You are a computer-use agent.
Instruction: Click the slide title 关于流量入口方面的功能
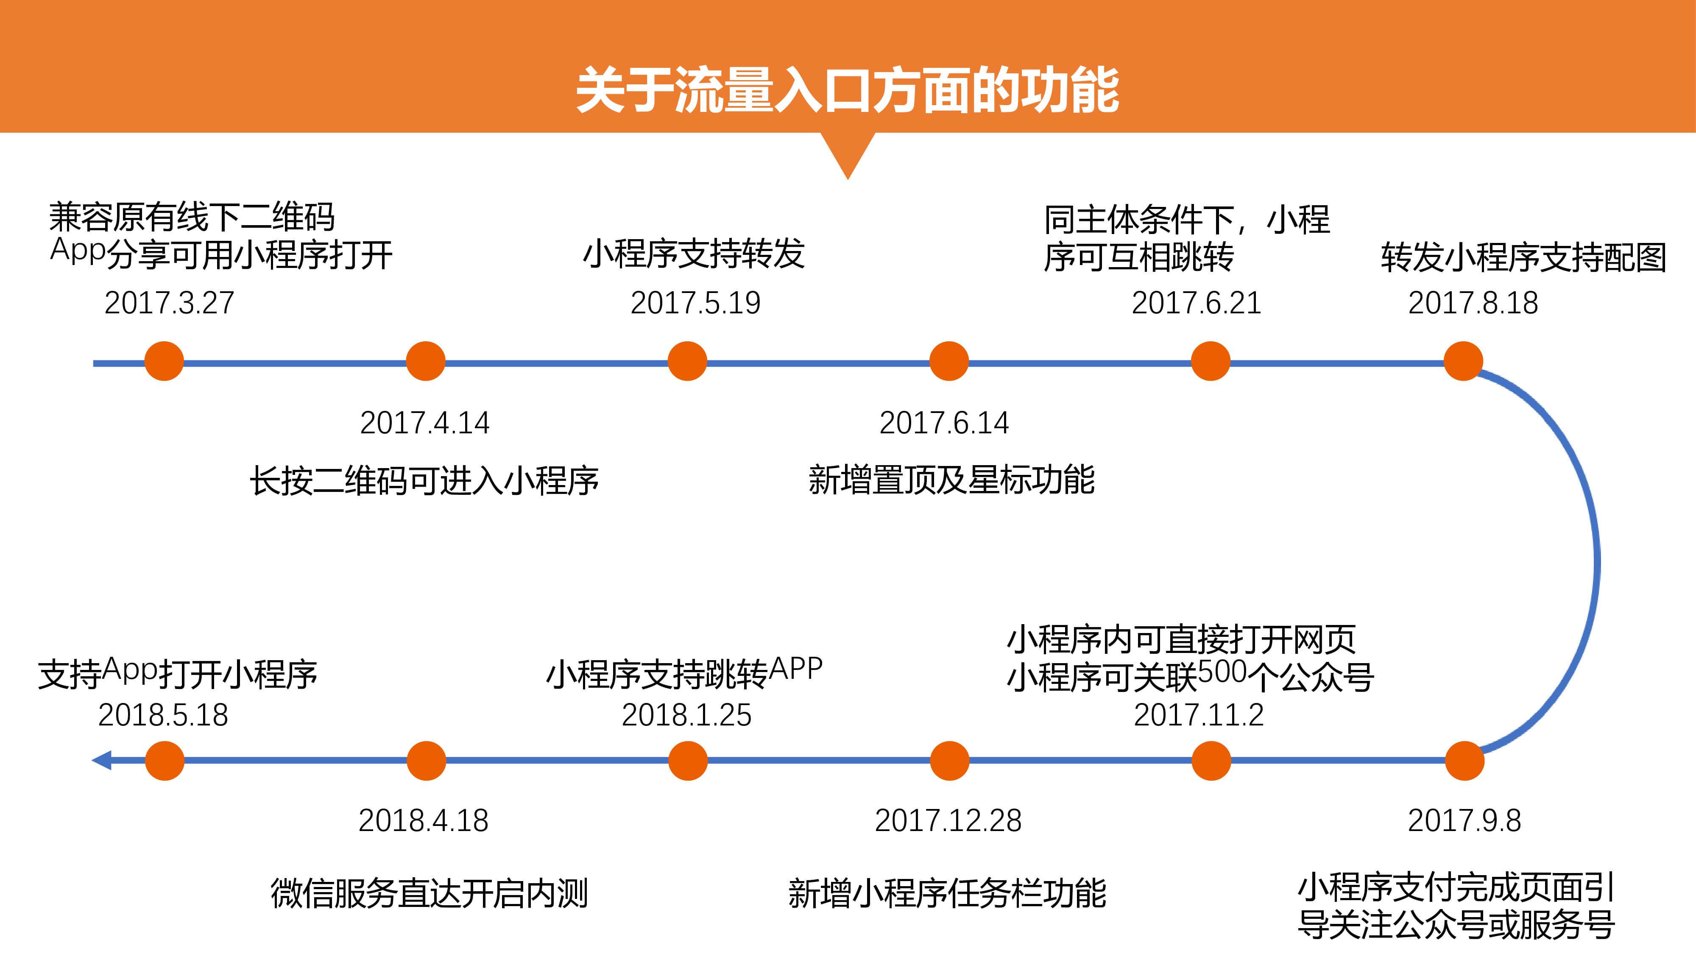[847, 90]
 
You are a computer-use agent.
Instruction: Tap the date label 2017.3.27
[169, 303]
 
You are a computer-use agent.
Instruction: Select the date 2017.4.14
[425, 423]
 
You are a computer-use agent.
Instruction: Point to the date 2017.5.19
[695, 303]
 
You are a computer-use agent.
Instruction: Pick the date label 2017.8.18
[1473, 303]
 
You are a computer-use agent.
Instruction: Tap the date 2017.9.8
[1464, 820]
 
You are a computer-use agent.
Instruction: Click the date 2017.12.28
[948, 820]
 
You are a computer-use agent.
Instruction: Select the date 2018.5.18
[163, 715]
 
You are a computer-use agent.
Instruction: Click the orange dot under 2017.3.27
[164, 361]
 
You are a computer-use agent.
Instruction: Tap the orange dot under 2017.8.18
[1463, 361]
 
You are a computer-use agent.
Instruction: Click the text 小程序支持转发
[694, 254]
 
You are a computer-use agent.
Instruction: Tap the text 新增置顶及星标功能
[951, 479]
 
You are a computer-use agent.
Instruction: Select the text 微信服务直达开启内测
[429, 893]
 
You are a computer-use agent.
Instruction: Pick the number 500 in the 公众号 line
[1223, 673]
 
